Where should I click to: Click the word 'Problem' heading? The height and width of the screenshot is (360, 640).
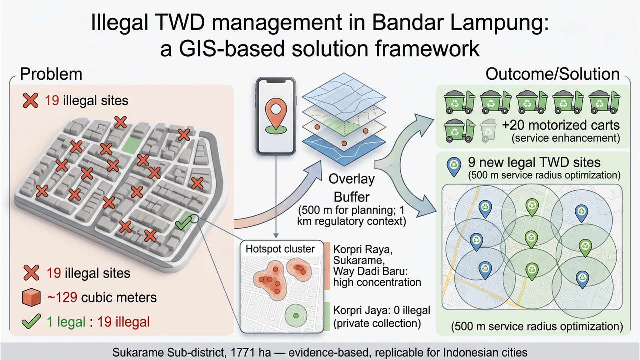[x=51, y=74]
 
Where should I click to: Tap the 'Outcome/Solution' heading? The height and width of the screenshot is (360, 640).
[x=552, y=74]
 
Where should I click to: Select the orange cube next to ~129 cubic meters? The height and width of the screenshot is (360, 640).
[x=31, y=297]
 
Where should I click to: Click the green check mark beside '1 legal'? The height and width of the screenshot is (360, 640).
[x=31, y=322]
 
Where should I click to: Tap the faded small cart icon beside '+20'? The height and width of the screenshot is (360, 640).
[x=488, y=131]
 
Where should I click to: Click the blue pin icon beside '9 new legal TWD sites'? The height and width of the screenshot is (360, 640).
[x=454, y=167]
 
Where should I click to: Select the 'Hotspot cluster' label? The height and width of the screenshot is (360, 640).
[x=280, y=249]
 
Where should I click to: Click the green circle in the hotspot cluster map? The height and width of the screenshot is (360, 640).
[x=296, y=315]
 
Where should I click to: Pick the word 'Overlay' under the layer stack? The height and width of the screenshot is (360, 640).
[x=352, y=179]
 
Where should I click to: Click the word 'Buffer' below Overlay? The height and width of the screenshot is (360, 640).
[x=352, y=197]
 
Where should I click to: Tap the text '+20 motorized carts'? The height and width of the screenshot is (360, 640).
[x=561, y=125]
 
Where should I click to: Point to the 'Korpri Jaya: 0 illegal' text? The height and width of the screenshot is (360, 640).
[x=382, y=310]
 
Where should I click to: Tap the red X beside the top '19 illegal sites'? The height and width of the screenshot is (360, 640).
[x=30, y=100]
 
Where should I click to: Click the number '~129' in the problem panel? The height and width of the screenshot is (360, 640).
[x=62, y=297]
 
